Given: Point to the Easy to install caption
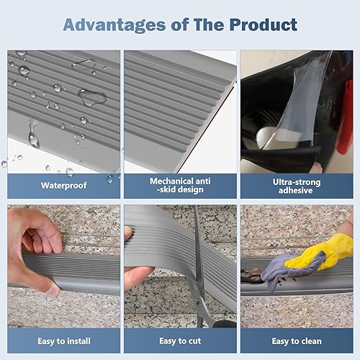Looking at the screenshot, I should [x=64, y=340].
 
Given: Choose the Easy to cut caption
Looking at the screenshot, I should [x=180, y=340].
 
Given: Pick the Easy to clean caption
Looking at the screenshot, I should [x=296, y=340].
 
